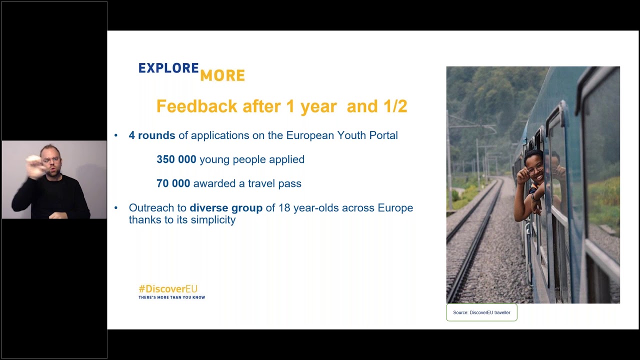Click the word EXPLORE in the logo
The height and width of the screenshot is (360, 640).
pyautogui.click(x=168, y=68)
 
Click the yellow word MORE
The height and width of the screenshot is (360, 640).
pyautogui.click(x=222, y=76)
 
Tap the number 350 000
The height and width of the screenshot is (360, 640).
pyautogui.click(x=176, y=159)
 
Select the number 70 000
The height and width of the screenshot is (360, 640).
pyautogui.click(x=173, y=183)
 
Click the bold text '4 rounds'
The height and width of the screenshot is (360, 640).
pyautogui.click(x=152, y=135)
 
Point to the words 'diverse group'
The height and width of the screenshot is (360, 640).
pyautogui.click(x=226, y=208)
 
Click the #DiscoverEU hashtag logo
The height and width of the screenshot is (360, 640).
pyautogui.click(x=168, y=289)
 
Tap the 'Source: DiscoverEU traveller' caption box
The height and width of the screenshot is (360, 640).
pyautogui.click(x=481, y=312)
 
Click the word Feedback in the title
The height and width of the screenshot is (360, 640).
pyautogui.click(x=196, y=106)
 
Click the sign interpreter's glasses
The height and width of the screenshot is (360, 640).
pyautogui.click(x=51, y=160)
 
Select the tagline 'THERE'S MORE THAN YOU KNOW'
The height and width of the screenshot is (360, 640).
pyautogui.click(x=171, y=297)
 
